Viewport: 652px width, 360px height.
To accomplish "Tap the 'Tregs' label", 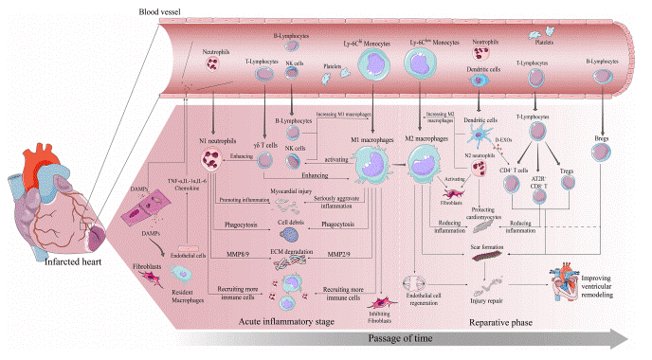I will coord(568,171).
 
